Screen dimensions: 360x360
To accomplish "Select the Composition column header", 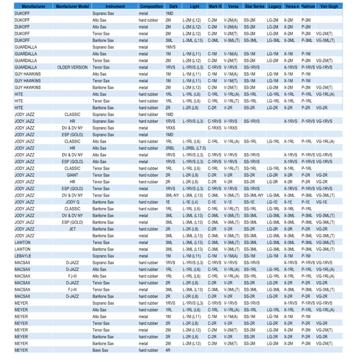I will tap(152, 6).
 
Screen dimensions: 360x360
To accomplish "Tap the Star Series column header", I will tap(254, 6).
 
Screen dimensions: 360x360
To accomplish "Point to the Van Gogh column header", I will tap(329, 6).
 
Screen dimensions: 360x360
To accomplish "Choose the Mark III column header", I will tap(215, 6).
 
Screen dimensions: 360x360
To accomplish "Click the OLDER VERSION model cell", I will tap(72, 67).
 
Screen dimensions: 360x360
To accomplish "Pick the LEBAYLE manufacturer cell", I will tap(23, 256).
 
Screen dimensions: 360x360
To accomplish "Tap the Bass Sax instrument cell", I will tap(100, 350).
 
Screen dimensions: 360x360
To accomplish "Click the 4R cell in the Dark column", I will tap(168, 350).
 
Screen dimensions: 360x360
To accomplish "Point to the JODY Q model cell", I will tap(72, 202).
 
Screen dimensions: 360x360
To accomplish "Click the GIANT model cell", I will tap(72, 175).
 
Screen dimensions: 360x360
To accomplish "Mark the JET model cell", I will tap(72, 229).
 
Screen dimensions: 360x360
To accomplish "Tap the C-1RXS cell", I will tap(215, 128).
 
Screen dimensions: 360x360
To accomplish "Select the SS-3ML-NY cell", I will tap(254, 195).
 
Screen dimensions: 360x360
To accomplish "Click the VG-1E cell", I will tap(322, 202).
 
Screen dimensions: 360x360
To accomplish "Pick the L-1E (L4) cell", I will tap(190, 202).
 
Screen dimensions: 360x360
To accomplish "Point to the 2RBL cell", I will tap(170, 148).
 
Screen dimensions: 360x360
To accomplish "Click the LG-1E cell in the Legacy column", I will tap(272, 202).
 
